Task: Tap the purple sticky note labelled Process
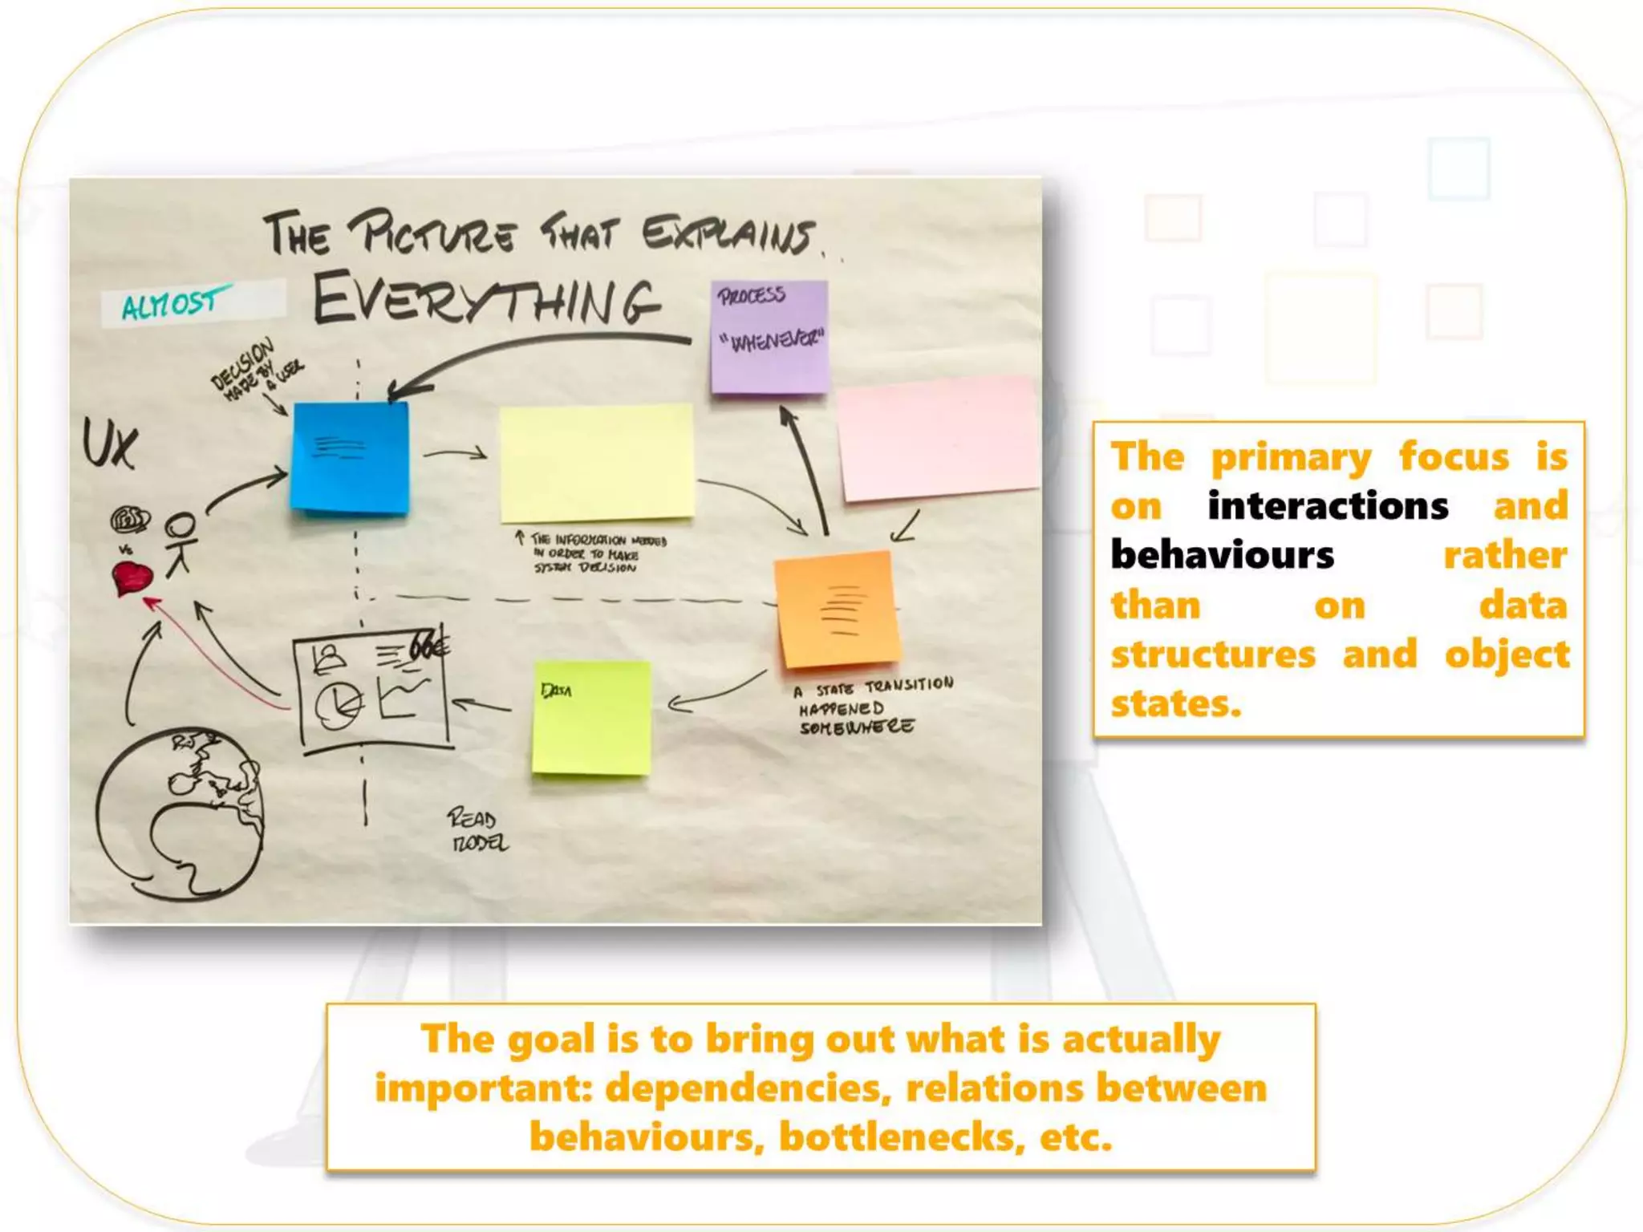[x=769, y=337]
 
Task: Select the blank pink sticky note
[x=936, y=438]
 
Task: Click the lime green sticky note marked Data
[x=591, y=718]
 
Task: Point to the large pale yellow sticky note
[x=596, y=463]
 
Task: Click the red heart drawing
[x=132, y=577]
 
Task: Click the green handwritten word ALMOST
[x=170, y=303]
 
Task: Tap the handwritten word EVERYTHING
[x=485, y=300]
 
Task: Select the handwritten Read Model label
[x=478, y=830]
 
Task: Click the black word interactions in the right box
[x=1328, y=506]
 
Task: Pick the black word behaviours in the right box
[x=1222, y=555]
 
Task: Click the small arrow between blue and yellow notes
[x=455, y=455]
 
